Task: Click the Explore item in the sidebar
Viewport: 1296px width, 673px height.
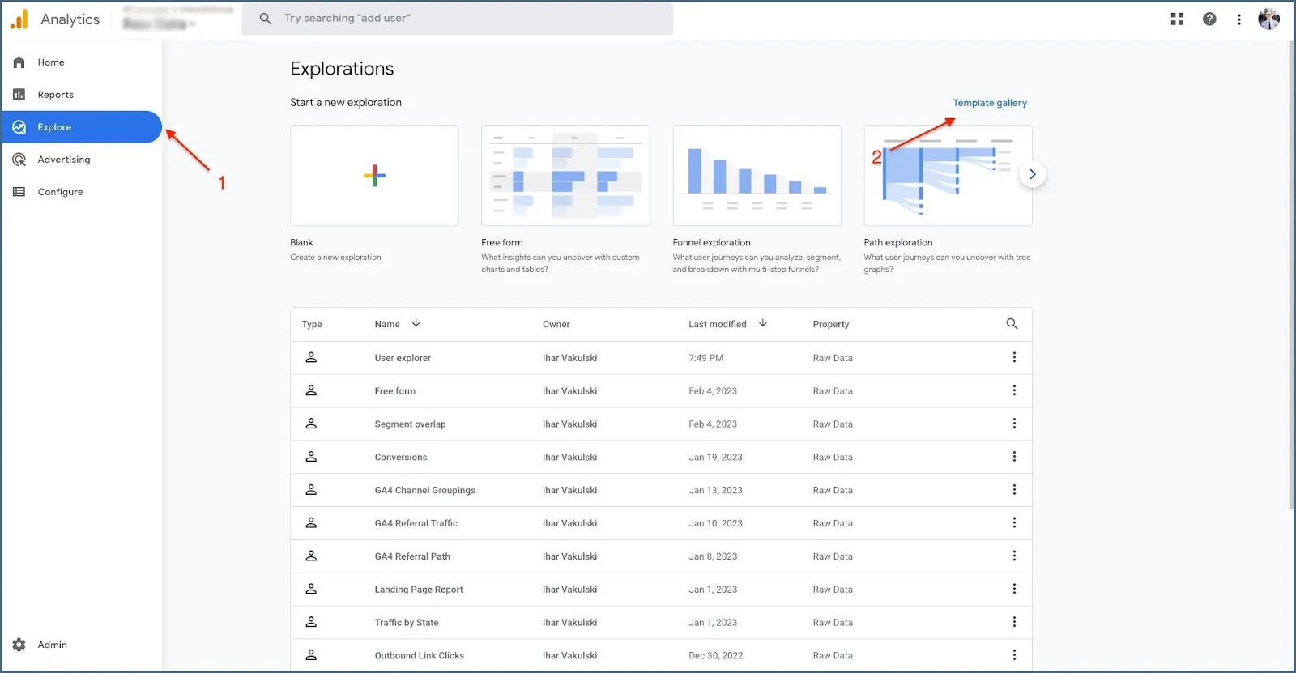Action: pyautogui.click(x=54, y=127)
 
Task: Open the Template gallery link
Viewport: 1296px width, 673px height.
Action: pyautogui.click(x=989, y=103)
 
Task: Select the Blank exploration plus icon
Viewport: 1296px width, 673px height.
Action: pyautogui.click(x=374, y=176)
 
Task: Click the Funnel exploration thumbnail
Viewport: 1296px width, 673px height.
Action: pyautogui.click(x=757, y=176)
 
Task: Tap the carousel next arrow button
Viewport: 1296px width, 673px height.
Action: pyautogui.click(x=1032, y=174)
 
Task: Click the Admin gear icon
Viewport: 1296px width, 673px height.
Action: pyautogui.click(x=19, y=645)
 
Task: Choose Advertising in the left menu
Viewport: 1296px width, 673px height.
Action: pyautogui.click(x=63, y=160)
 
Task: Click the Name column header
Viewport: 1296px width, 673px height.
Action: pyautogui.click(x=387, y=324)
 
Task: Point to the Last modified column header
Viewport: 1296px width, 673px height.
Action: pyautogui.click(x=717, y=324)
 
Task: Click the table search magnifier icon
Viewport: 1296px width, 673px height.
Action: pyautogui.click(x=1012, y=324)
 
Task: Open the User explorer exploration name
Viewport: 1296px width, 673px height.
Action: pyautogui.click(x=403, y=358)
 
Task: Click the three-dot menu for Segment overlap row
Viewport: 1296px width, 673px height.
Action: pyautogui.click(x=1013, y=424)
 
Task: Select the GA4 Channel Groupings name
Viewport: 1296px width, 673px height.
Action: pyautogui.click(x=424, y=490)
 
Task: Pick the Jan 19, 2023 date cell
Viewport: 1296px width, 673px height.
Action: pyautogui.click(x=715, y=457)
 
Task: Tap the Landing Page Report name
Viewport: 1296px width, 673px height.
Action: pyautogui.click(x=419, y=590)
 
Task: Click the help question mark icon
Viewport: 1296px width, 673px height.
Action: pyautogui.click(x=1209, y=19)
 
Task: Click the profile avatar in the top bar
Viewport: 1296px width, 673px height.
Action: pyautogui.click(x=1268, y=19)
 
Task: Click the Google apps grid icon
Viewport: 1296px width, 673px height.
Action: pyautogui.click(x=1177, y=19)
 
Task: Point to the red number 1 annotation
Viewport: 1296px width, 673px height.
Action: pyautogui.click(x=221, y=183)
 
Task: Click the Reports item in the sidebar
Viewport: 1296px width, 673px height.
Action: pyautogui.click(x=55, y=95)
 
